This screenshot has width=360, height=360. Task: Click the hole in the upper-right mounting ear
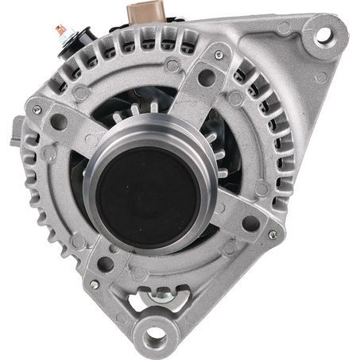pos(323,35)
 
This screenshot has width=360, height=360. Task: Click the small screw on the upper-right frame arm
pos(219,55)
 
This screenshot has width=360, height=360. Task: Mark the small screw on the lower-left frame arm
pos(94,284)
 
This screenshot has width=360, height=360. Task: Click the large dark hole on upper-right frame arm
pos(207,77)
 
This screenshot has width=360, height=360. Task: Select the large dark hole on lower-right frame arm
pos(250,223)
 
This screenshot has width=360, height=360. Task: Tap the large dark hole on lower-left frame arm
pos(105,265)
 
